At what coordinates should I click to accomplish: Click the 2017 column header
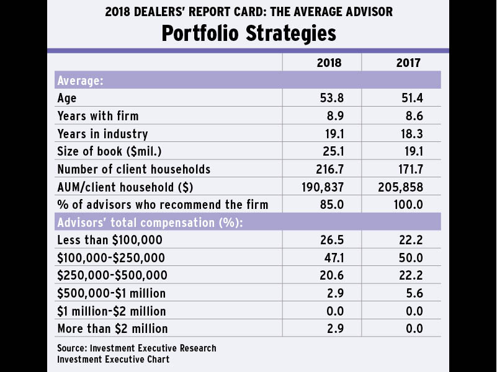[408, 63]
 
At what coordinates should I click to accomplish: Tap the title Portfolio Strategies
[248, 32]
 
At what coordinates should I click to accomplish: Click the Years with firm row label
[97, 116]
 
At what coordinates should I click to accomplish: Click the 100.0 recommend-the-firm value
[407, 205]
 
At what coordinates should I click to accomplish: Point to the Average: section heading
[80, 81]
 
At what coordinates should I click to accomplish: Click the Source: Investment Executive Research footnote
[137, 348]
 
